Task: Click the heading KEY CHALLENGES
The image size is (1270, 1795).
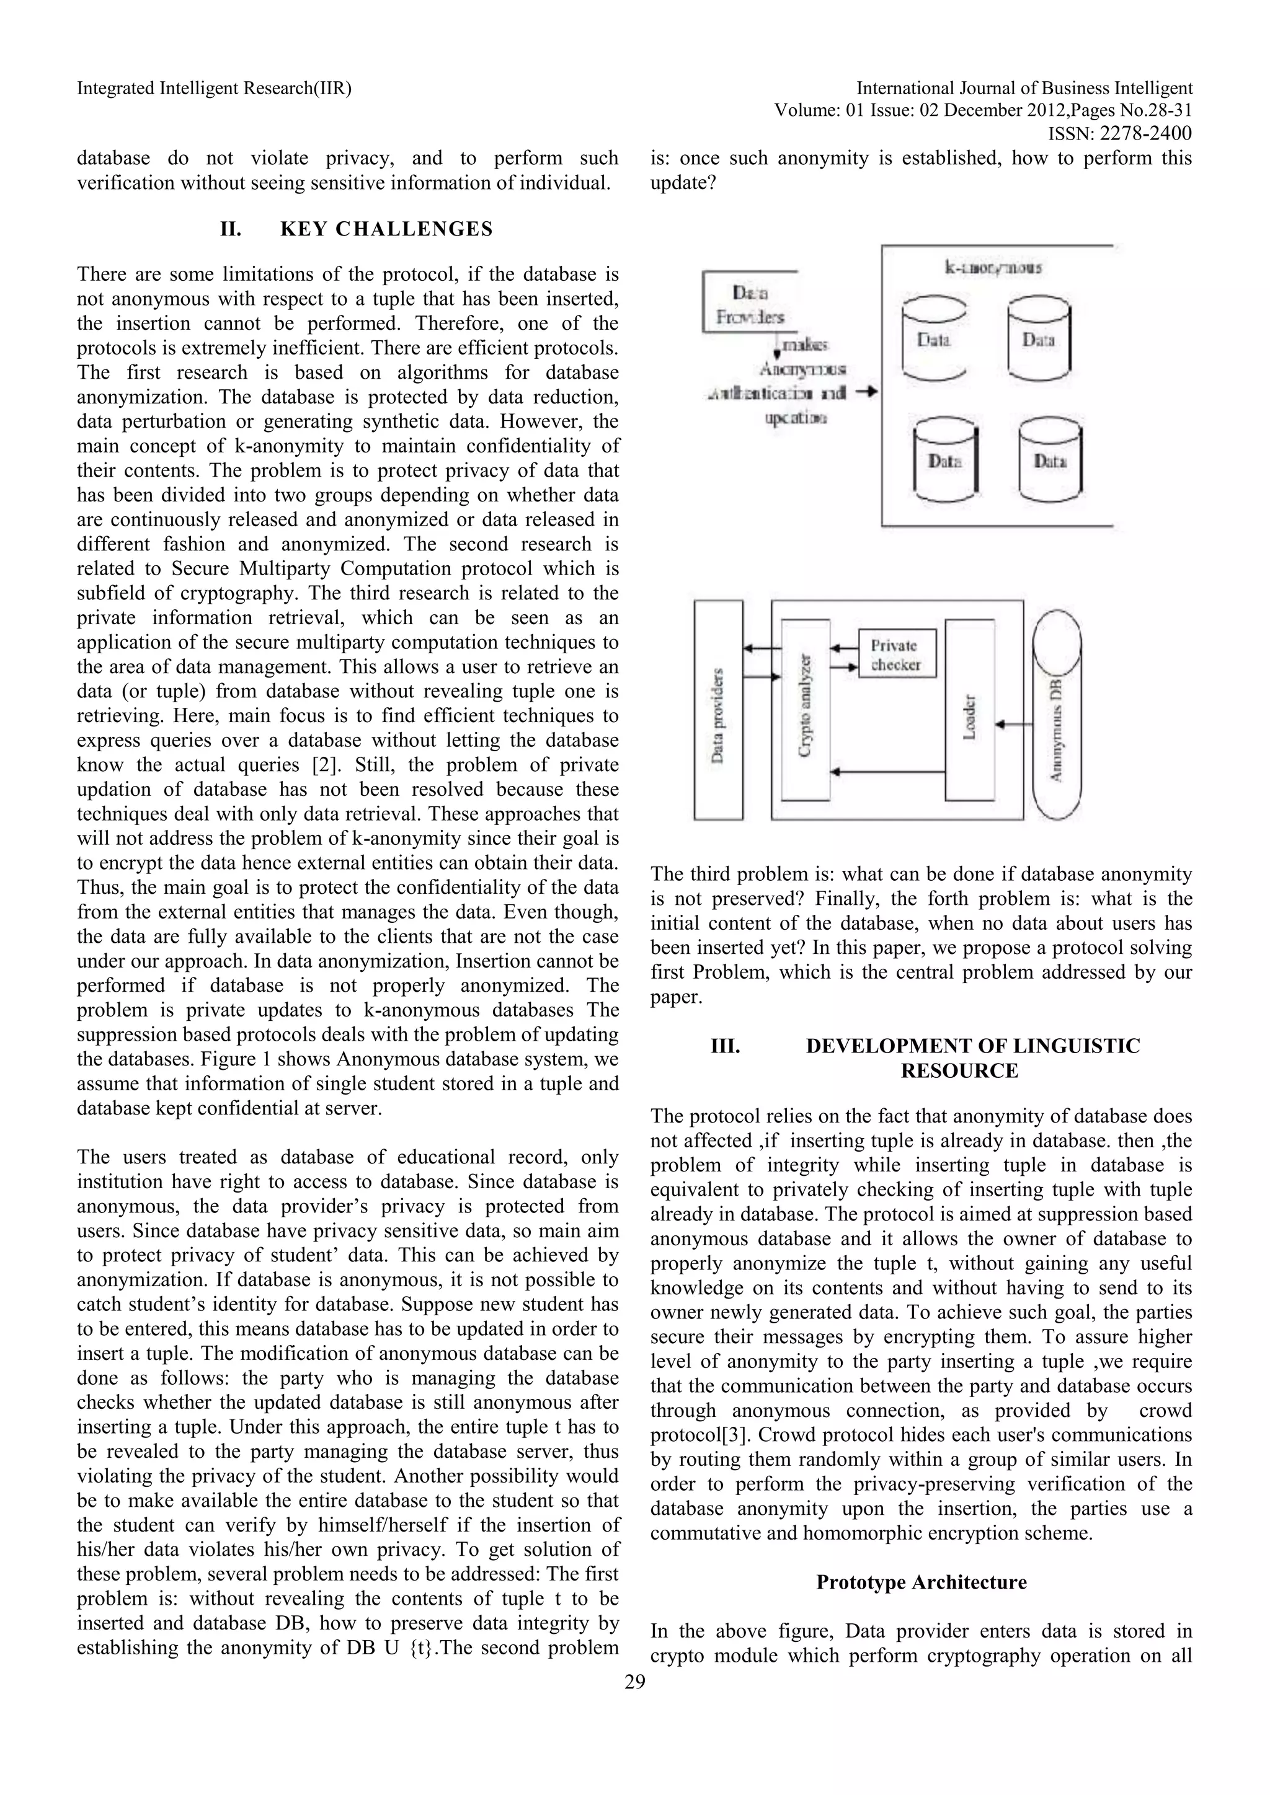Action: [x=386, y=229]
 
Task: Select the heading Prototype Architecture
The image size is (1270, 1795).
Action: [x=921, y=1582]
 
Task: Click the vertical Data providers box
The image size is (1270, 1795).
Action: [x=718, y=710]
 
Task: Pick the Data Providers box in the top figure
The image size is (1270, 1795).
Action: [x=749, y=302]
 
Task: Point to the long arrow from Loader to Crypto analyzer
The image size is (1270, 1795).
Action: [x=887, y=772]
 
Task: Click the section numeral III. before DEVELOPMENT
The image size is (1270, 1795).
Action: [x=725, y=1046]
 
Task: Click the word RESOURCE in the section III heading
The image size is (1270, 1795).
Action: [x=959, y=1070]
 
